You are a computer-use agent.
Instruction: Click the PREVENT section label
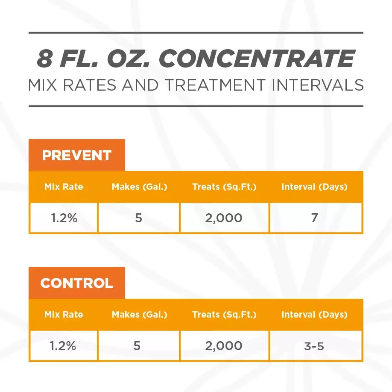click(x=76, y=155)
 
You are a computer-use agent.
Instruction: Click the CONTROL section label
click(x=76, y=283)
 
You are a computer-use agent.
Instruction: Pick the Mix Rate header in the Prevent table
click(x=64, y=187)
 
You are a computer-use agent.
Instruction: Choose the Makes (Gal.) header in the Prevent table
click(x=139, y=187)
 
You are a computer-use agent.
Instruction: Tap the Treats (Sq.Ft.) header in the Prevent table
click(x=224, y=187)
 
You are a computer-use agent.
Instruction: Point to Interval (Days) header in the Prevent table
click(x=314, y=187)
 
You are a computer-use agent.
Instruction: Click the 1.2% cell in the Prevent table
click(x=64, y=218)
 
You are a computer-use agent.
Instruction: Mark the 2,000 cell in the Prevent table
click(x=224, y=218)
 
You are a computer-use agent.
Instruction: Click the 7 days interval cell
click(x=314, y=218)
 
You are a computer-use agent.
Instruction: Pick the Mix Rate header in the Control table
click(x=64, y=315)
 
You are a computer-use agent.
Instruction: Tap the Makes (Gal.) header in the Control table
click(x=139, y=315)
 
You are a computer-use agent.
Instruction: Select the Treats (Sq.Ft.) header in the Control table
click(x=224, y=315)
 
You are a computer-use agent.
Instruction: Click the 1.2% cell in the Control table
click(x=64, y=346)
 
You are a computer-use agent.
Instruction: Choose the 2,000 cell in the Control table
click(x=224, y=346)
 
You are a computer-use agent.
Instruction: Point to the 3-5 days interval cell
click(x=314, y=346)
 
